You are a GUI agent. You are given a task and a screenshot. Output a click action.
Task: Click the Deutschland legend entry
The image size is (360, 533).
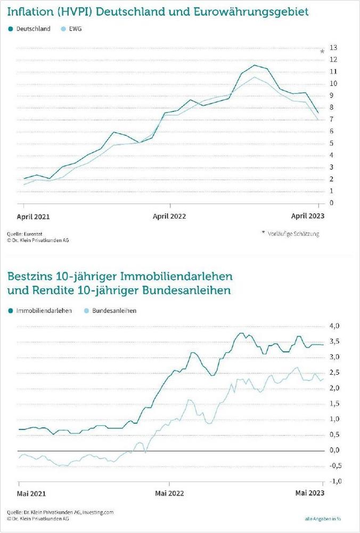[x=33, y=29]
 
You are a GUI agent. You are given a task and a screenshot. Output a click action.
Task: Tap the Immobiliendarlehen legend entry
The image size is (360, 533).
[x=44, y=310]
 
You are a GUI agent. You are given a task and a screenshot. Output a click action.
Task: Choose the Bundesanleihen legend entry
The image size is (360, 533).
[x=113, y=310]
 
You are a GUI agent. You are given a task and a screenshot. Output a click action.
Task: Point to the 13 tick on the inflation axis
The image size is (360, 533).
[x=333, y=47]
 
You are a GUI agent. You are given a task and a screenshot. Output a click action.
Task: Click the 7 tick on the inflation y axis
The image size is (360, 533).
[x=332, y=119]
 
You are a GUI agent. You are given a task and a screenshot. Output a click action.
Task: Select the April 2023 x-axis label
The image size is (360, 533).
[x=307, y=216]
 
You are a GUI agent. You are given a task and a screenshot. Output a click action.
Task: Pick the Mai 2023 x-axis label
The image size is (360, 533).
[x=309, y=494]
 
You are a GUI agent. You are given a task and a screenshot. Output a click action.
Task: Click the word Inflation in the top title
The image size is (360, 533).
[x=32, y=10]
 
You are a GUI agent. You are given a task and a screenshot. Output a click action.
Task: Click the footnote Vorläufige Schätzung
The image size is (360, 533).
[x=293, y=233]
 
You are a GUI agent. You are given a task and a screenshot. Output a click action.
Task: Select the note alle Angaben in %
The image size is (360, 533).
[x=323, y=518]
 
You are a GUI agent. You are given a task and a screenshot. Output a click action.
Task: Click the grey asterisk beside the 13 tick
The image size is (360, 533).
[x=322, y=51]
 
